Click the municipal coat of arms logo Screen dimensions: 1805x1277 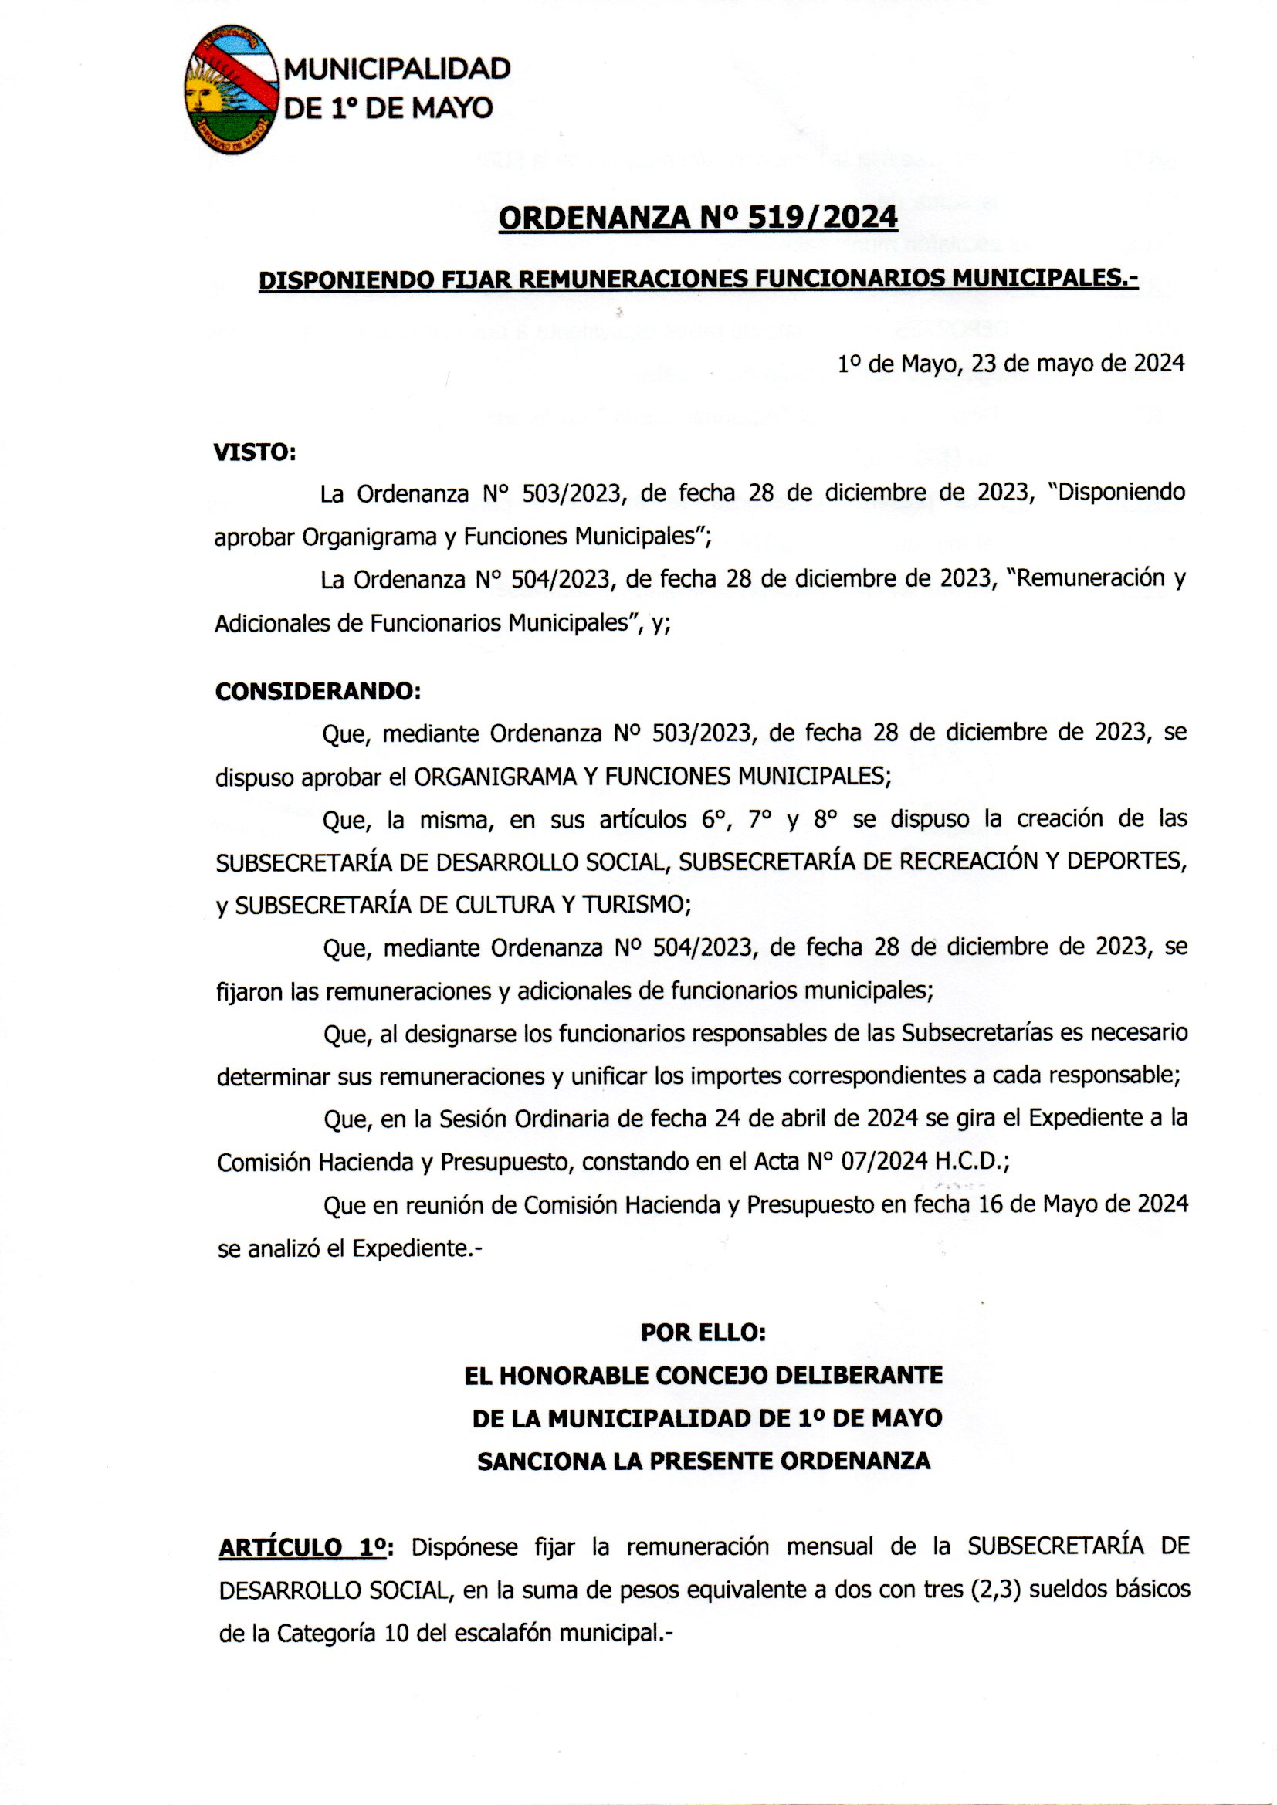(x=230, y=89)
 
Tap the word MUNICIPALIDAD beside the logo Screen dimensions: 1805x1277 (x=396, y=69)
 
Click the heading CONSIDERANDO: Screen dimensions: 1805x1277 (x=318, y=691)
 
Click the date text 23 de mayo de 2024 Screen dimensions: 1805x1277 (x=1078, y=363)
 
